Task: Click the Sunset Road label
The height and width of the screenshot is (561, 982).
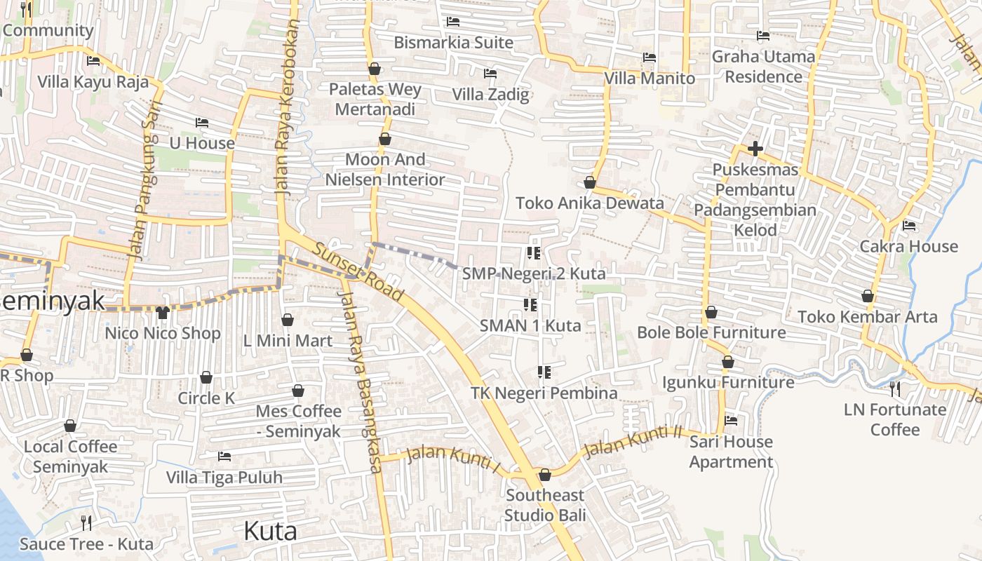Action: coord(358,271)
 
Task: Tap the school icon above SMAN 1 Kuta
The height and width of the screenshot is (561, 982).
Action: coord(530,305)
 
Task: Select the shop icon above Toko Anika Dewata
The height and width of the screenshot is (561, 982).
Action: coord(590,183)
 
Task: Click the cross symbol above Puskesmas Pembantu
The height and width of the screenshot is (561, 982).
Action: coord(755,149)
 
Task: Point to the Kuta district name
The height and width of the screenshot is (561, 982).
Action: coord(270,531)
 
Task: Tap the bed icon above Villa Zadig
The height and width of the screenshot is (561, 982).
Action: coord(490,74)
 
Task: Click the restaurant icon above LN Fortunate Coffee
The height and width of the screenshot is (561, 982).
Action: coord(894,388)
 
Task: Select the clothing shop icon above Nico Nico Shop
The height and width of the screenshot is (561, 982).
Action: coord(163,313)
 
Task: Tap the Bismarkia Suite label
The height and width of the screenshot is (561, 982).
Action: coord(453,42)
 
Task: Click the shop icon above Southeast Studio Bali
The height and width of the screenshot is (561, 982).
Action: coord(545,475)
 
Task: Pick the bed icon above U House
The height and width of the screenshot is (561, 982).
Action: coord(202,123)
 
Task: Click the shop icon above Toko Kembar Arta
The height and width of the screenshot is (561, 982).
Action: coord(868,296)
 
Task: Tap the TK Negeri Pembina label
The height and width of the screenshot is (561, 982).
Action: coord(544,393)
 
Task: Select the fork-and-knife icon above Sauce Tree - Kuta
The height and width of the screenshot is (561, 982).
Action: coord(86,522)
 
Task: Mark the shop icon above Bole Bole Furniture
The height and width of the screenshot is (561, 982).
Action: coord(711,312)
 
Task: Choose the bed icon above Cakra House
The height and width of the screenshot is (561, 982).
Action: coord(909,226)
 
